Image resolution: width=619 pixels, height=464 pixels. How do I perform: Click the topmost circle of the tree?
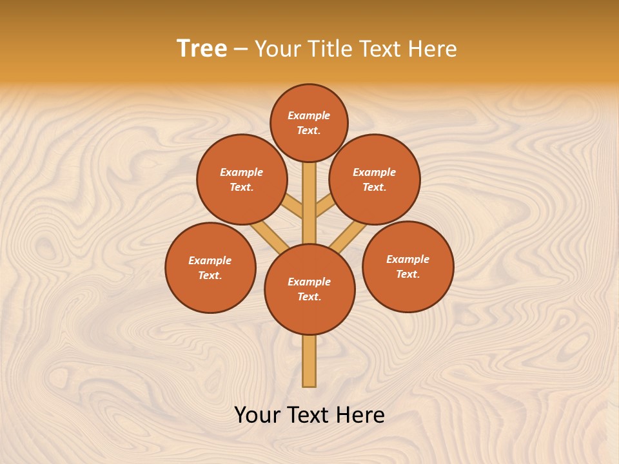coord(309,122)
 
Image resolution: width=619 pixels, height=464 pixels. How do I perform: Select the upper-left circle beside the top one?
coord(241,179)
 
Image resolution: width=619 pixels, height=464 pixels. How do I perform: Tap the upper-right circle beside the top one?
coord(374,179)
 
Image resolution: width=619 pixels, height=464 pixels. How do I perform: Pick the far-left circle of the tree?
coord(210,267)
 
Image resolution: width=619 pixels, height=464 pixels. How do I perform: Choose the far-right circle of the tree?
coord(408,266)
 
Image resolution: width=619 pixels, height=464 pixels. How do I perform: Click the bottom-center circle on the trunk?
coord(309,289)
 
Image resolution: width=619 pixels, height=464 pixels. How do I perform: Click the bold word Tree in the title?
coord(202,48)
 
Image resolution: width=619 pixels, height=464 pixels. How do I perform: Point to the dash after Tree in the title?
coord(241,49)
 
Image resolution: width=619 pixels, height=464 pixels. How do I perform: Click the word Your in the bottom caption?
coord(258,415)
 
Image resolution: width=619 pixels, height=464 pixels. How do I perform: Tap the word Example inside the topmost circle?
coord(309,115)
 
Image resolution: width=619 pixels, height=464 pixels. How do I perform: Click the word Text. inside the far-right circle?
coord(408,274)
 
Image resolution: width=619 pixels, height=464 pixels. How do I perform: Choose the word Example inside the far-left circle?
coord(210,260)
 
